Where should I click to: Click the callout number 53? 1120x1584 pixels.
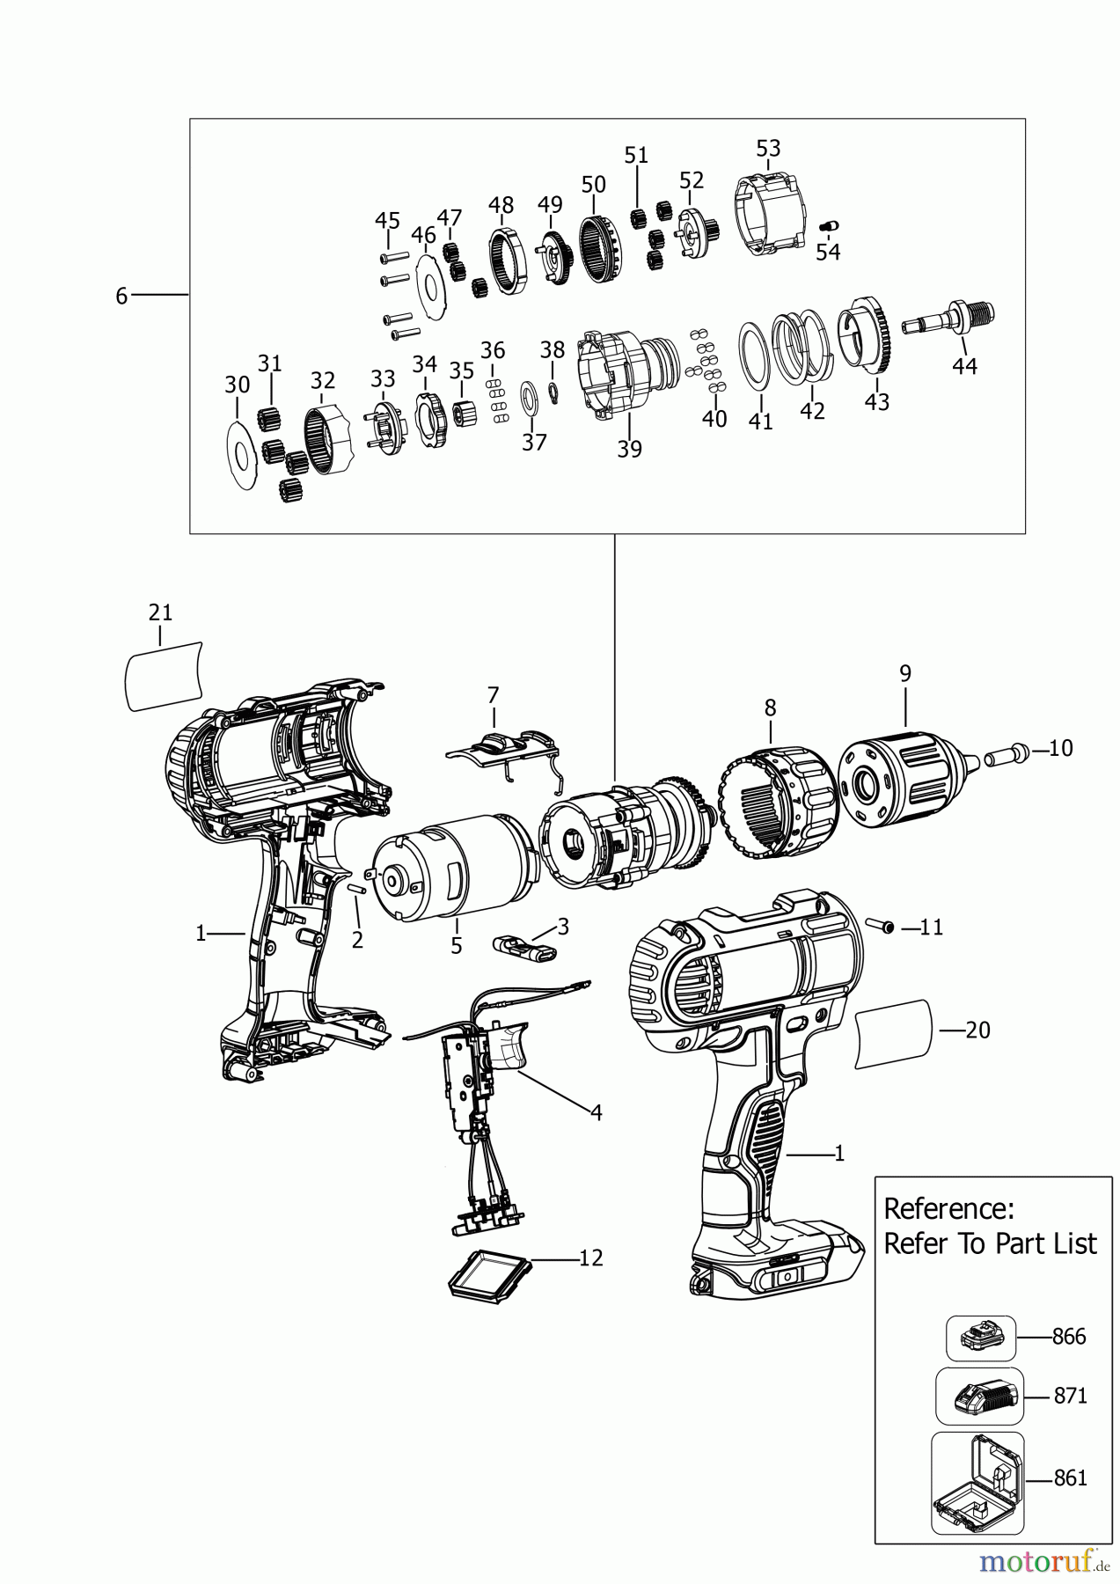coord(768,148)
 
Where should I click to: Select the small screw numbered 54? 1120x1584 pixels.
coord(827,225)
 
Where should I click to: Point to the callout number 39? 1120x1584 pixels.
coord(629,449)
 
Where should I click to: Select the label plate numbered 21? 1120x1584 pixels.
coord(164,674)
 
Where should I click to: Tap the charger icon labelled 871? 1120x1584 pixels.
coord(979,1396)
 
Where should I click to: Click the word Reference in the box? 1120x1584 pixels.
coord(948,1208)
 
